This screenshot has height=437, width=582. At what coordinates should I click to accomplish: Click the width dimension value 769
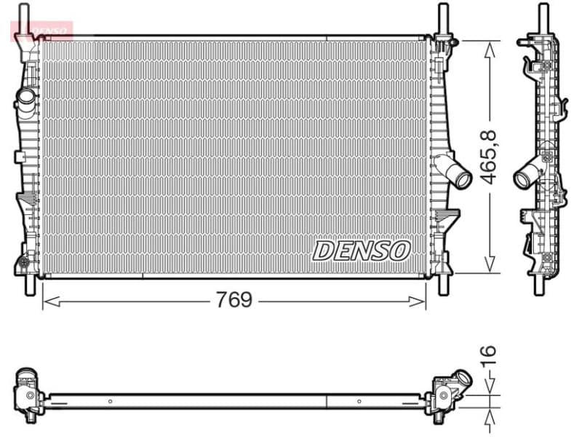(x=234, y=300)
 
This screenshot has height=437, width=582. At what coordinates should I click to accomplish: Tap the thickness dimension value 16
(x=490, y=354)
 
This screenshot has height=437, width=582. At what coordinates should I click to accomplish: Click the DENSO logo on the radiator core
(x=362, y=251)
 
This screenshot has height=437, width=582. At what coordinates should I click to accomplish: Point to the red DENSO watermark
(x=42, y=30)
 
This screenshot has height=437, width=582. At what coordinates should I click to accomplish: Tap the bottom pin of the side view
(x=540, y=283)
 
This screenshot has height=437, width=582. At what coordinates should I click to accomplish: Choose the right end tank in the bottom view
(x=448, y=393)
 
